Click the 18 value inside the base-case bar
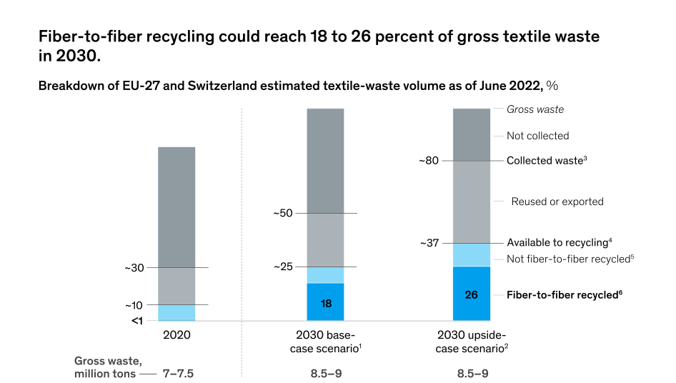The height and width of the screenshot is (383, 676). tap(326, 303)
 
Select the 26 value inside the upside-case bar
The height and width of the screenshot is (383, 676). tap(472, 294)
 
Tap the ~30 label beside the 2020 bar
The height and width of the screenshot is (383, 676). tap(134, 268)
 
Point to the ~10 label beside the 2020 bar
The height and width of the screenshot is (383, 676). tap(134, 305)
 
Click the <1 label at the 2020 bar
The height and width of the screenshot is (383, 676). tap(137, 320)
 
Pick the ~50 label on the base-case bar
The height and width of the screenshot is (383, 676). tap(283, 213)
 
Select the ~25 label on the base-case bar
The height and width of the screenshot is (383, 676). tap(283, 267)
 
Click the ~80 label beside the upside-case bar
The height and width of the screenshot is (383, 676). tap(429, 161)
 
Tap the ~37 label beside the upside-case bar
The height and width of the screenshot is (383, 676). tap(429, 243)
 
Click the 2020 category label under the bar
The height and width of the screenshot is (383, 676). tap(177, 334)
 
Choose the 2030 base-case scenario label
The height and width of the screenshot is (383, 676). tap(326, 341)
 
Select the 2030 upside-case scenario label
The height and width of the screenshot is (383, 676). tap(472, 341)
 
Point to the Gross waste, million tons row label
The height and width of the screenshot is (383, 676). tap(103, 367)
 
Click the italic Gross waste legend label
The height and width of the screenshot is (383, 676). tap(535, 109)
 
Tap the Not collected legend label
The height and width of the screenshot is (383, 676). tap(537, 136)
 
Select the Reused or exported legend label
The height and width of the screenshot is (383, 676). tap(557, 202)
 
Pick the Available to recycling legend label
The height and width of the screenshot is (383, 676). tap(559, 242)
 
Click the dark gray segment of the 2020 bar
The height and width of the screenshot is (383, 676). tap(177, 207)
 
